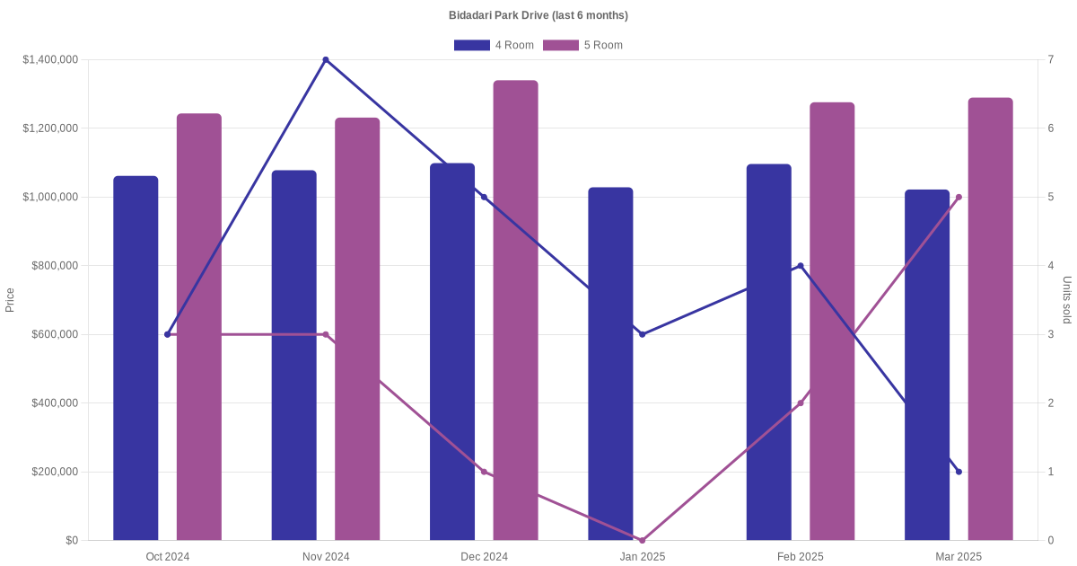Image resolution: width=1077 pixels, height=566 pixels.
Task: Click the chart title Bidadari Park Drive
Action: (538, 15)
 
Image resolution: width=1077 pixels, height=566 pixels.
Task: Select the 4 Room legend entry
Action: (494, 45)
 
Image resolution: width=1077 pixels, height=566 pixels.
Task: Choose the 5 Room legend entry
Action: (582, 45)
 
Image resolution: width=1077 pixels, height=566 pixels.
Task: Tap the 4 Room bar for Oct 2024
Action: (136, 359)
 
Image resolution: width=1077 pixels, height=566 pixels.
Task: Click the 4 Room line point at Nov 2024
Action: (326, 60)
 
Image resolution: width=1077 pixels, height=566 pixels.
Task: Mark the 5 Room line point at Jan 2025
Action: (643, 540)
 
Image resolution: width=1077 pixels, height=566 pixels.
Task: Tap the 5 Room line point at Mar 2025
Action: (959, 197)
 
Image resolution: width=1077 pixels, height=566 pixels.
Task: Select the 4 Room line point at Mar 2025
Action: (959, 472)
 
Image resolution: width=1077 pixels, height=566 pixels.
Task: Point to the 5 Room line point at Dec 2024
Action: (484, 472)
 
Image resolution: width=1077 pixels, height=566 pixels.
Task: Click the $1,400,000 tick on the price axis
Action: (50, 60)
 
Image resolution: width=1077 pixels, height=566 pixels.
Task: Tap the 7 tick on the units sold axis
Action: (1050, 60)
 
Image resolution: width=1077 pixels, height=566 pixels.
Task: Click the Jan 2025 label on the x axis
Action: (643, 557)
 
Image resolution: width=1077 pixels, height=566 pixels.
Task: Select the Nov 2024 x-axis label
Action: (326, 557)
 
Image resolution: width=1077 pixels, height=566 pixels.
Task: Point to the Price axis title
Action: (10, 300)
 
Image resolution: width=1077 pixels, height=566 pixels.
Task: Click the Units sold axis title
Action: (1067, 300)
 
